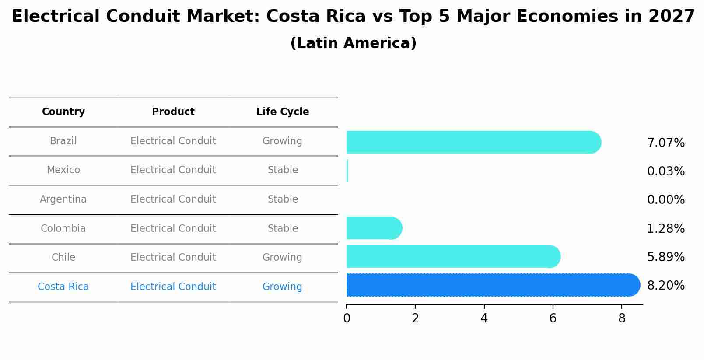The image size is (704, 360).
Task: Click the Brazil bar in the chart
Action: coord(473,142)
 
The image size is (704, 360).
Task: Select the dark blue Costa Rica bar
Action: coord(492,285)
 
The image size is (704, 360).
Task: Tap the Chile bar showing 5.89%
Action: coord(453,257)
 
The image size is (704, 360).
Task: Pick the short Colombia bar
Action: coord(373,228)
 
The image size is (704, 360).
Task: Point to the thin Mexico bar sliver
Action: coord(347,171)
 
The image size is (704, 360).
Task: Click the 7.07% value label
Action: coord(665,143)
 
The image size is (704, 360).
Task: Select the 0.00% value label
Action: coord(665,200)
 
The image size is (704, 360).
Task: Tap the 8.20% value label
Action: coord(665,286)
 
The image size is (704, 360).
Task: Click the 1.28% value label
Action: coord(665,228)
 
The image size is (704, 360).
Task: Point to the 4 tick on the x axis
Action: coord(484,318)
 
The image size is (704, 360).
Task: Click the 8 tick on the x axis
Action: coord(622,318)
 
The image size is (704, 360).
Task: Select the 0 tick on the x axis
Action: coord(347,318)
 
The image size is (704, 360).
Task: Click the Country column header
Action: coord(63,112)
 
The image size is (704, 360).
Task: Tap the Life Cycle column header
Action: coord(283,112)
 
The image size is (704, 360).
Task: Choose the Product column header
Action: coord(173,112)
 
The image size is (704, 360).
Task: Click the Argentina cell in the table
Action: coord(63,199)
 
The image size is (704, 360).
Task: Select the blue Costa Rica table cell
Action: coord(63,287)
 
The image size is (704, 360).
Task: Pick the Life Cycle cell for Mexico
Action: coord(283,170)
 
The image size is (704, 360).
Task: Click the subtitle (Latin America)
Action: coord(353,43)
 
